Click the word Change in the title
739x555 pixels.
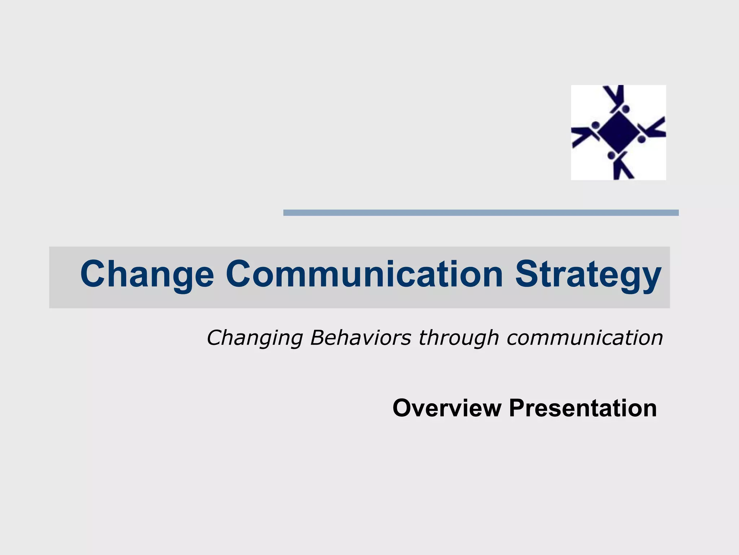click(147, 275)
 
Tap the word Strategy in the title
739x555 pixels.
click(588, 275)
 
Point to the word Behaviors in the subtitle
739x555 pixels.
click(360, 338)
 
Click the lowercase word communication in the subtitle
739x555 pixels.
click(585, 338)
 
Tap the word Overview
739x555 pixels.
click(447, 408)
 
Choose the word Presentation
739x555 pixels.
click(582, 408)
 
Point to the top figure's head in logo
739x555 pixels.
click(625, 109)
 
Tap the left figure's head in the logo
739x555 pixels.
click(595, 125)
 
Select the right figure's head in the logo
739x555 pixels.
click(641, 139)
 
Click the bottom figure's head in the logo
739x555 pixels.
click(612, 155)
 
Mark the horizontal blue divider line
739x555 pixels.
click(481, 213)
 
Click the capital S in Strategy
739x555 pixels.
click(528, 274)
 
